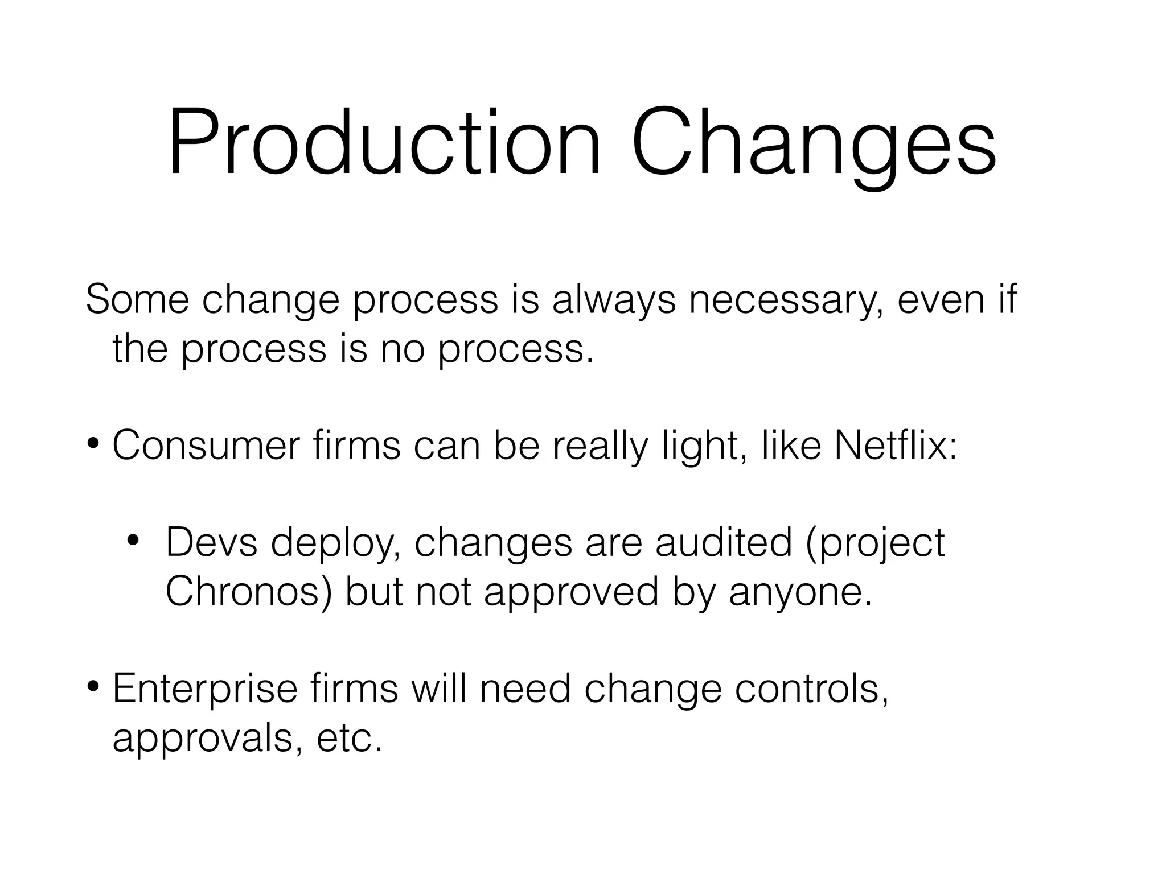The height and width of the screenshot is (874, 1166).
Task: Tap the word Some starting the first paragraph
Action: (137, 299)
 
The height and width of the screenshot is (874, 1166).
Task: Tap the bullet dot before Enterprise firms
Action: (95, 686)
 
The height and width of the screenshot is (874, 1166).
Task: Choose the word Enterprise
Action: (205, 689)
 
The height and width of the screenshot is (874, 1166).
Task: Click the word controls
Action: (811, 689)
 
